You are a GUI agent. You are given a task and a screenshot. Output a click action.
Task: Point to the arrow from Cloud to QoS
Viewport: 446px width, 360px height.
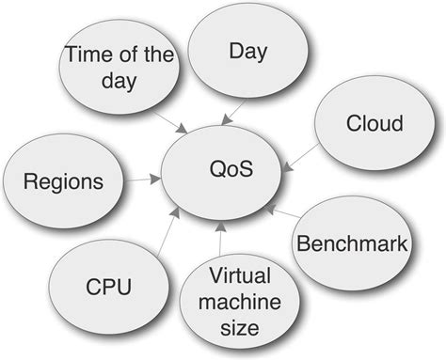(298, 156)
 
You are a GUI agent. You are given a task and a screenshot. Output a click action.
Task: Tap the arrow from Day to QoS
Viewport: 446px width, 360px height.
(232, 112)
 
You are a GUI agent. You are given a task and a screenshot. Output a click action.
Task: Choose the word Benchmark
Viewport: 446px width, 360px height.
(352, 246)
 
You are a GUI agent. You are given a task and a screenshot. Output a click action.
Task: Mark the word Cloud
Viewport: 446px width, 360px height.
(374, 123)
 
